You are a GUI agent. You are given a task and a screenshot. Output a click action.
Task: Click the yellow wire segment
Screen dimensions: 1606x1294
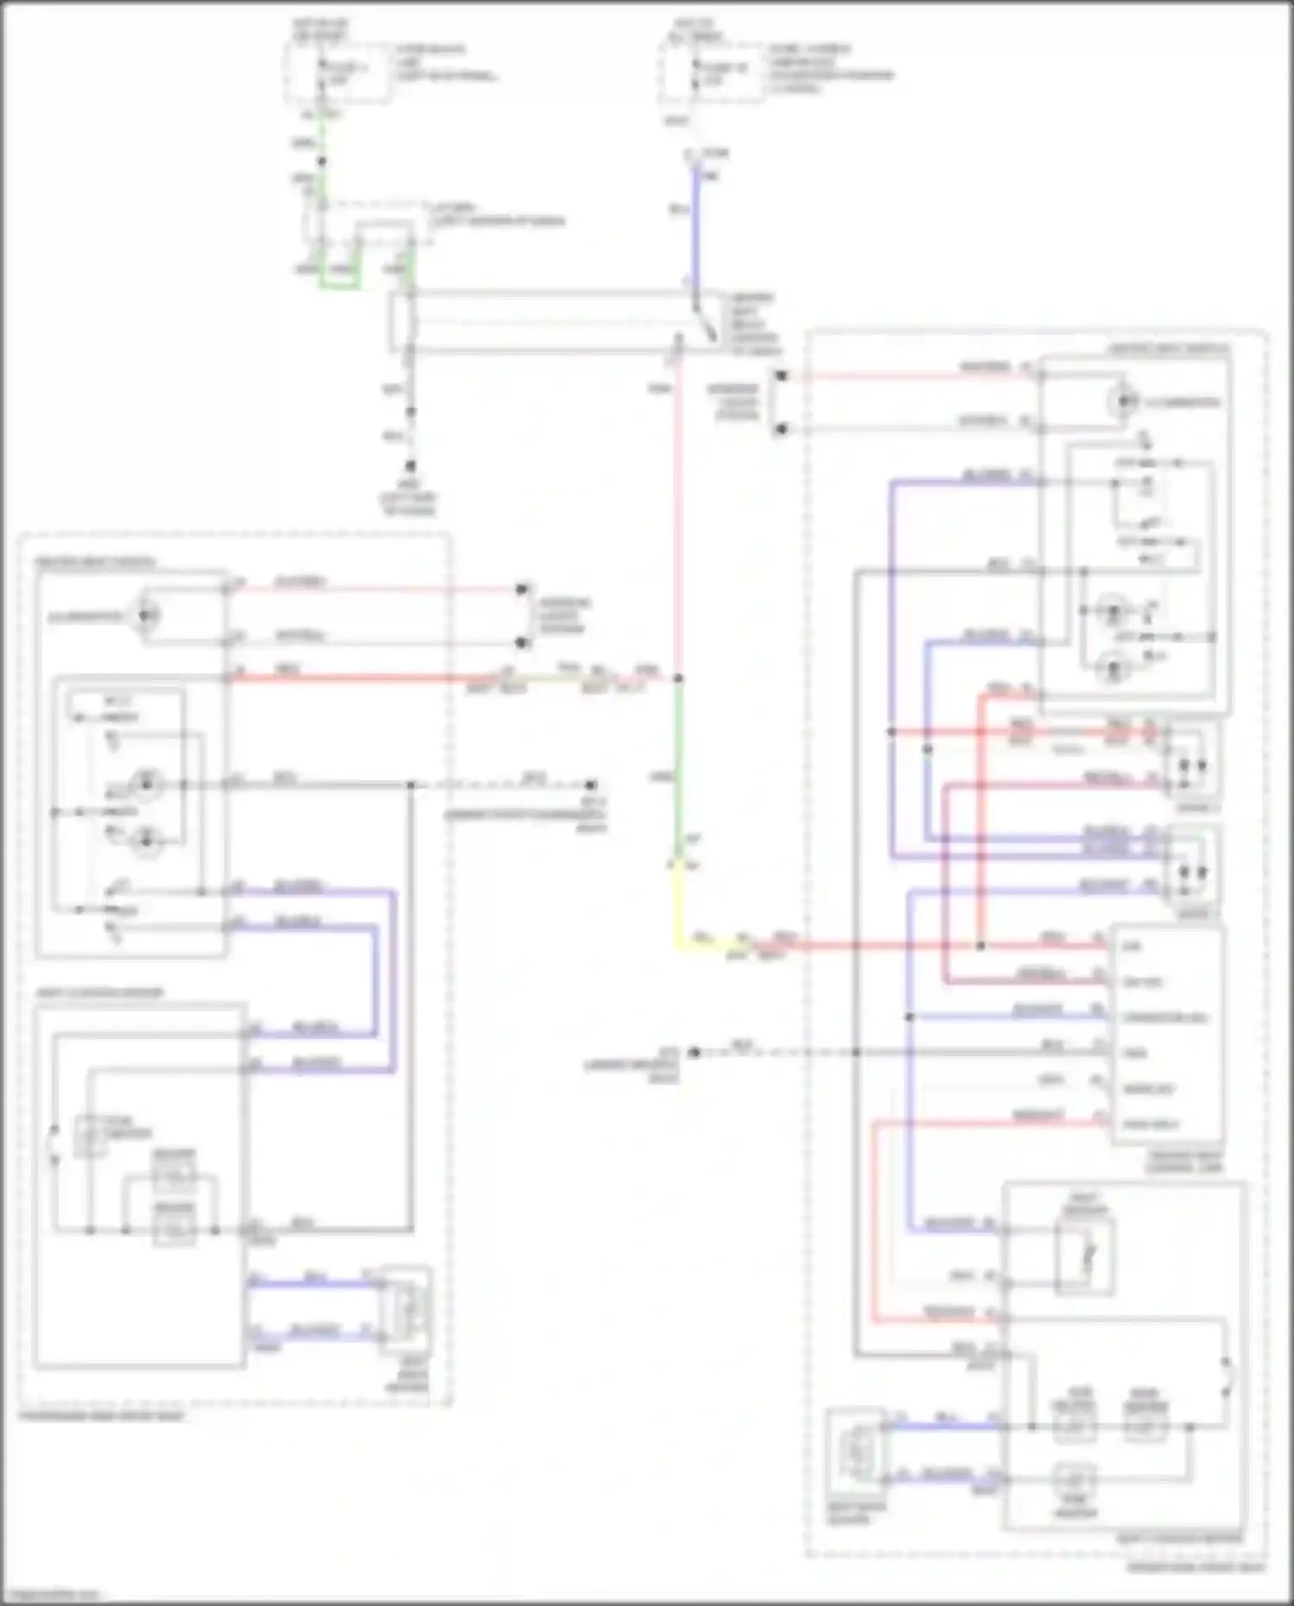pyautogui.click(x=675, y=906)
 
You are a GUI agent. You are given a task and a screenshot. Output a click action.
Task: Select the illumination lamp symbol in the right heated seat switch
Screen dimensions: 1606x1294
pyautogui.click(x=1122, y=402)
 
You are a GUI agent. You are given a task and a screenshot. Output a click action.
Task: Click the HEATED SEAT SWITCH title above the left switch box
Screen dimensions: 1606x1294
pyautogui.click(x=95, y=563)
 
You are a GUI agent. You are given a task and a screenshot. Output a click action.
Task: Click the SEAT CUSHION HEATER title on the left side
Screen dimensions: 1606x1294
pyautogui.click(x=99, y=992)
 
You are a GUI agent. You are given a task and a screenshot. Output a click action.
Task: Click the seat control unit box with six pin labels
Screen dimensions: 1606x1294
pyautogui.click(x=1166, y=1036)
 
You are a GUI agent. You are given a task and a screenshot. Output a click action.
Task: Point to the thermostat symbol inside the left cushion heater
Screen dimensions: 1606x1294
pyautogui.click(x=91, y=1135)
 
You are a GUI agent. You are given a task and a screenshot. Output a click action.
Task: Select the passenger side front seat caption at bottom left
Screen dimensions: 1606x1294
pyautogui.click(x=102, y=1416)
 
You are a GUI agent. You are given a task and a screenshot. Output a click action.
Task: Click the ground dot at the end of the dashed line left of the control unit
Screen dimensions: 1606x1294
pyautogui.click(x=694, y=1053)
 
